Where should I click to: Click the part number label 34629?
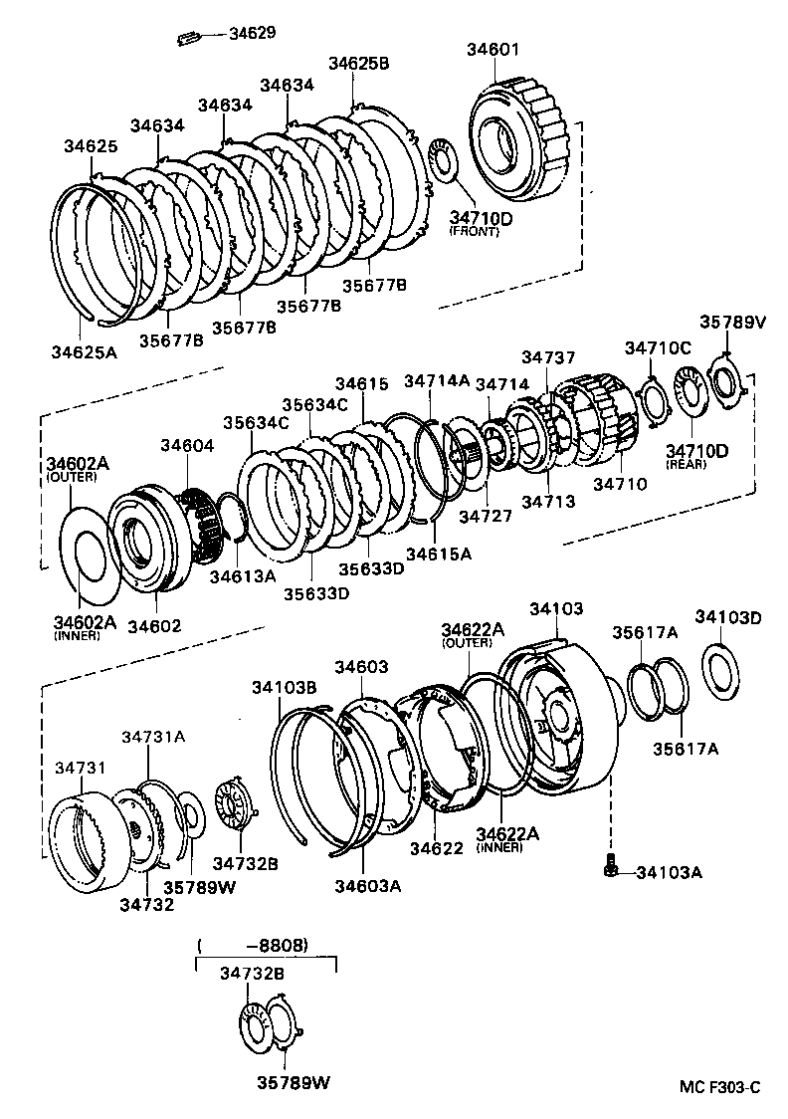pyautogui.click(x=252, y=33)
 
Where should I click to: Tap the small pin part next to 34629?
pyautogui.click(x=189, y=39)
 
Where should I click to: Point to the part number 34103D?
pyautogui.click(x=727, y=618)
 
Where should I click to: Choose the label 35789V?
pyautogui.click(x=732, y=323)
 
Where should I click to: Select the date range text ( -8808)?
pyautogui.click(x=254, y=943)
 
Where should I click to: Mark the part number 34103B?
pyautogui.click(x=284, y=687)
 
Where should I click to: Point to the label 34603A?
pyautogui.click(x=367, y=886)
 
